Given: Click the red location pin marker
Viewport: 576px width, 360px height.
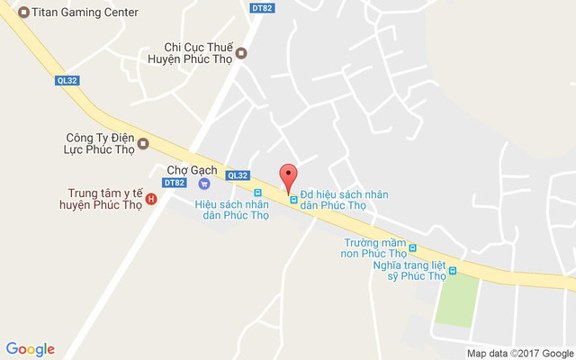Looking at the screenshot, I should pyautogui.click(x=288, y=176).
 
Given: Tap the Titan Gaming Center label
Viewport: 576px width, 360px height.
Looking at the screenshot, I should pyautogui.click(x=85, y=13).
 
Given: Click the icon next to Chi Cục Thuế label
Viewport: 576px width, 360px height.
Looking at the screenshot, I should pyautogui.click(x=240, y=54).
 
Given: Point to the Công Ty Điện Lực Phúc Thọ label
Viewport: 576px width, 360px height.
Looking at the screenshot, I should pyautogui.click(x=100, y=143).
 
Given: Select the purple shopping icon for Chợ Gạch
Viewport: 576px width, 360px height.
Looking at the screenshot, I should pyautogui.click(x=204, y=184).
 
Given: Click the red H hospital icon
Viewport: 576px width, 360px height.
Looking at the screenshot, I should pyautogui.click(x=151, y=198).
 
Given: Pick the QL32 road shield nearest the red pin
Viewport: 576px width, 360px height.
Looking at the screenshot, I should pyautogui.click(x=238, y=175).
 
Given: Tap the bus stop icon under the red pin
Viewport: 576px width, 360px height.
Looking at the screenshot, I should pyautogui.click(x=292, y=199).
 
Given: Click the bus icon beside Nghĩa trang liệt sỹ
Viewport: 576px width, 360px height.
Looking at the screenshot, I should pyautogui.click(x=453, y=270).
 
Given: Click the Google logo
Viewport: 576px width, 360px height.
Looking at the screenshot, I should pyautogui.click(x=31, y=349).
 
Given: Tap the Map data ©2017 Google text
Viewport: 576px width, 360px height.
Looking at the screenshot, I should pyautogui.click(x=520, y=352).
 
